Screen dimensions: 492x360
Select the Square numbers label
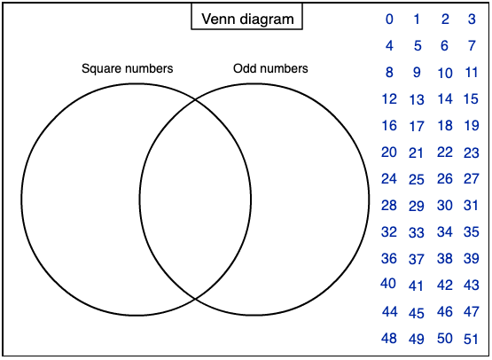(127, 68)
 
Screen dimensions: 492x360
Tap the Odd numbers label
(270, 68)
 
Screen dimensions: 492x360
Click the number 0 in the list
(389, 20)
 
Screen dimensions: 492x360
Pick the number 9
(417, 73)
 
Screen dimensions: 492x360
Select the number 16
(389, 126)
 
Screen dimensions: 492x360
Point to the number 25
(417, 179)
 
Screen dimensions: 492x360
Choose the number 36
(389, 259)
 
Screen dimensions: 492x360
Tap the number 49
(417, 340)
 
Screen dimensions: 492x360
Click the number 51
(471, 340)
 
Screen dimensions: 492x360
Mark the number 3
(472, 20)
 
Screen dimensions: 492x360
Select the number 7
(472, 46)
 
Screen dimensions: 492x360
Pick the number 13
(417, 100)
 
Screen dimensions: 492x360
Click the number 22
(445, 153)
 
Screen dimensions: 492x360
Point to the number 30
(445, 206)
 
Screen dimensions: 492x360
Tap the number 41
(416, 286)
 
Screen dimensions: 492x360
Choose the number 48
(389, 339)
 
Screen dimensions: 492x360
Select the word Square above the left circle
(101, 69)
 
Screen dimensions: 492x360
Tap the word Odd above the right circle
(244, 68)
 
